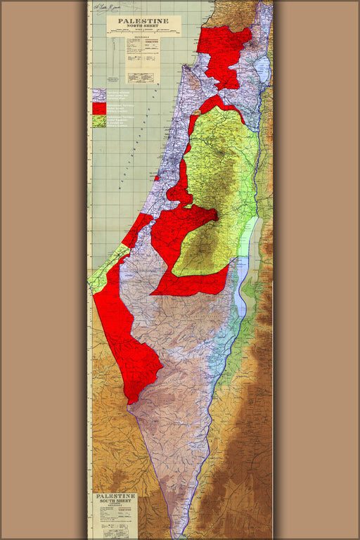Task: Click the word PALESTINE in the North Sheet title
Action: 143,22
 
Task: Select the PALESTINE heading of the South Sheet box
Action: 115,496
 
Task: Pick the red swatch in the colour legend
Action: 98,108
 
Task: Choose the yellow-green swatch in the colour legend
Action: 98,120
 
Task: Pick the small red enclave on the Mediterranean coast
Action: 157,178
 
